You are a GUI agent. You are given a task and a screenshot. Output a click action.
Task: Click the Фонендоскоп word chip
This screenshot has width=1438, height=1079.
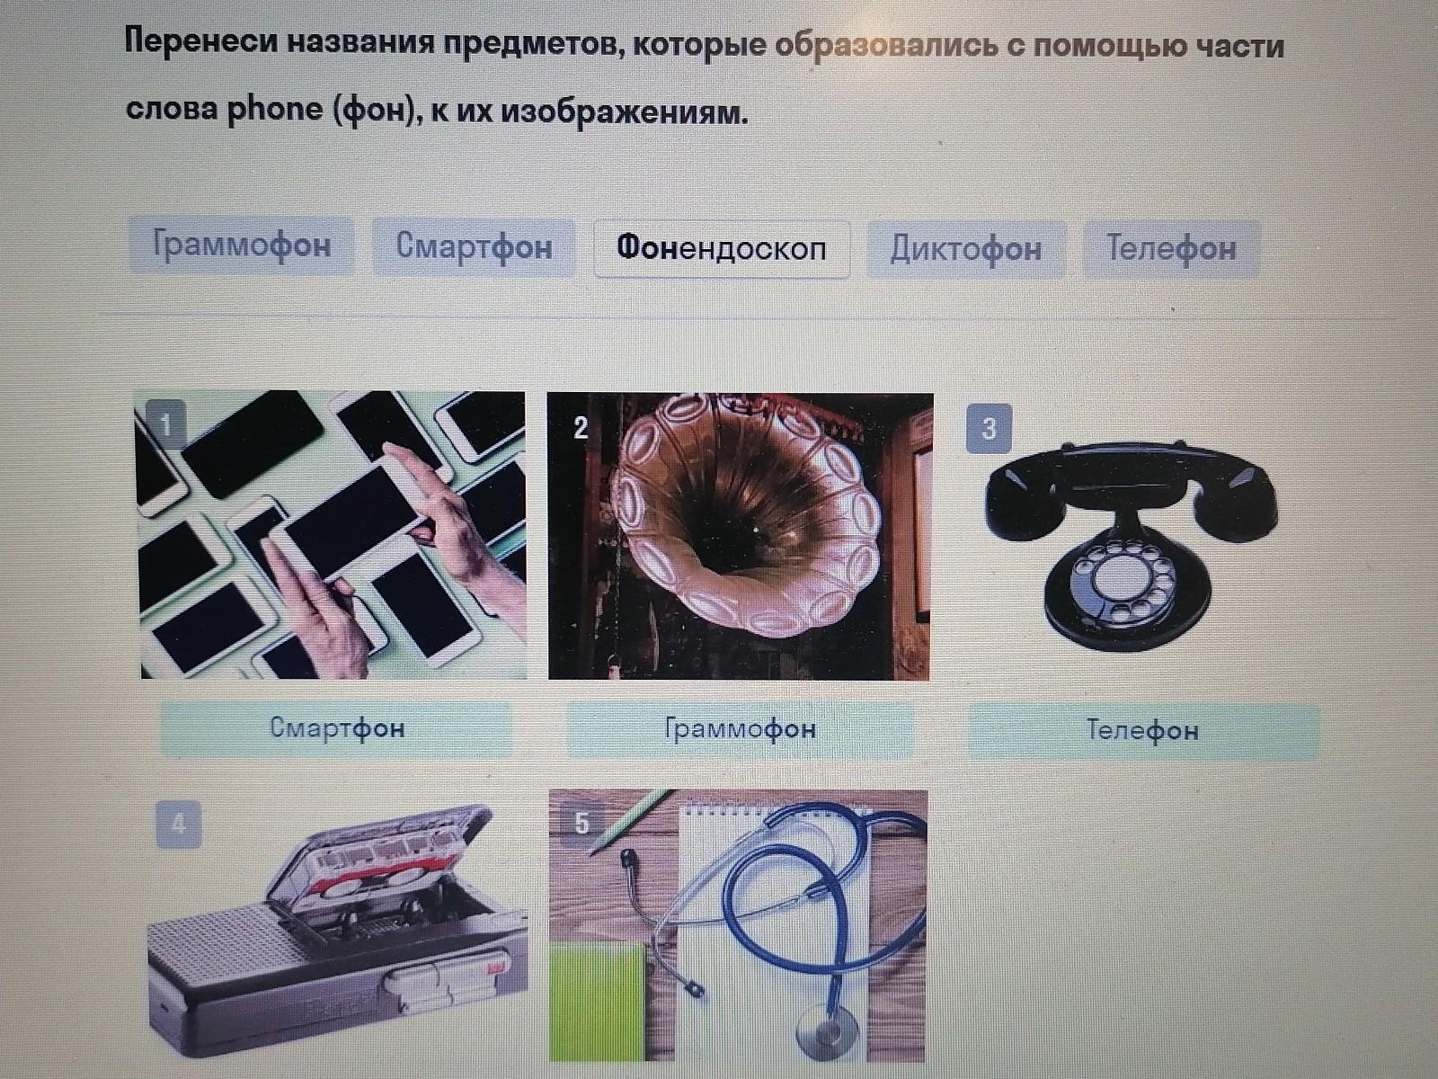[x=722, y=249]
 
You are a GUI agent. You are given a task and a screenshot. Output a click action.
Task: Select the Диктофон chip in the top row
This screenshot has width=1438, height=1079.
[x=966, y=249]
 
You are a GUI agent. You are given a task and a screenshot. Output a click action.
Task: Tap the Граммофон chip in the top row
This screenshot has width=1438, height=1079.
[x=242, y=245]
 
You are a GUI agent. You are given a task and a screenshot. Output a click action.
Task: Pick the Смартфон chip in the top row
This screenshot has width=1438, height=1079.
[x=474, y=247]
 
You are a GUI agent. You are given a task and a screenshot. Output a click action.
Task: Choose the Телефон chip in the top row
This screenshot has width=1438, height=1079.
[x=1171, y=249]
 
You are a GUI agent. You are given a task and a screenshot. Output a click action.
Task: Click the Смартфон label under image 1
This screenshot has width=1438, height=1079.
[x=337, y=727]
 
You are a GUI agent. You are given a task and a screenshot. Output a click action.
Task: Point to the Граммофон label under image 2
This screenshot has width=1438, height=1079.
[x=741, y=728]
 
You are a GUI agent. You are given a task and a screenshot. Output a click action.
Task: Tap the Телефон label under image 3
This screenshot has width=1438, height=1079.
[x=1142, y=730]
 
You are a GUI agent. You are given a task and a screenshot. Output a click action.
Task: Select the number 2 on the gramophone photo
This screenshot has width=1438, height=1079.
[x=581, y=428]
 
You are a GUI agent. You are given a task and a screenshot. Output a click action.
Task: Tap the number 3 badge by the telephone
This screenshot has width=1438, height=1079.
[x=989, y=429]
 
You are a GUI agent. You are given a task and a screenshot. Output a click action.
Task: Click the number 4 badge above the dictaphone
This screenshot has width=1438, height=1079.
[x=179, y=825]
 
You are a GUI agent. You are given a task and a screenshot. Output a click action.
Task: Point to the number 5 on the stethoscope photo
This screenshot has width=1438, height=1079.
[x=581, y=823]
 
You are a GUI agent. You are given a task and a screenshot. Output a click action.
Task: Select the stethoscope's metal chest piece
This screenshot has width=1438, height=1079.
[x=828, y=1035]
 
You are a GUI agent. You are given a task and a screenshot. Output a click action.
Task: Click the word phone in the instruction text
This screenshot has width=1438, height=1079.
[x=275, y=110]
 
